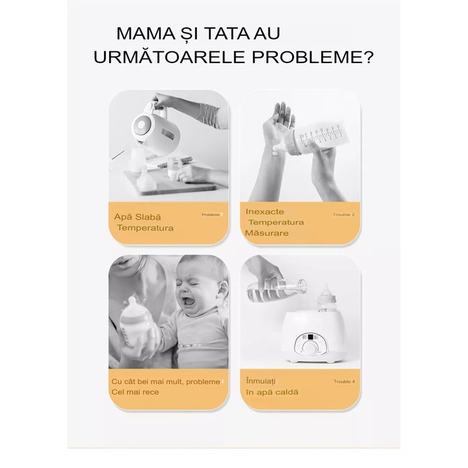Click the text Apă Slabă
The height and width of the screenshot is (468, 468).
point(137,216)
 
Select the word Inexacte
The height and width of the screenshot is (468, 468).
point(266,211)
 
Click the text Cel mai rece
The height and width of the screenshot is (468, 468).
point(135,393)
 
